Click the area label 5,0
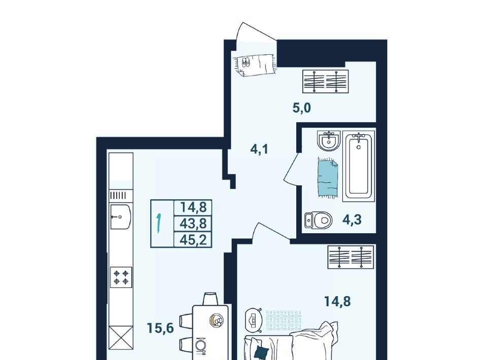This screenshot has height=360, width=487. [x=301, y=108]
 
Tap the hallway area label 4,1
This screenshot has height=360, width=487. [x=259, y=149]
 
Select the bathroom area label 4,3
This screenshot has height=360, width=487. [x=352, y=220]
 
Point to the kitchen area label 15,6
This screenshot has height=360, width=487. [x=160, y=328]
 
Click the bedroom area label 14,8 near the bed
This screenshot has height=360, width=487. [x=337, y=301]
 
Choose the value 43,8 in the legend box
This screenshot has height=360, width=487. [x=193, y=223]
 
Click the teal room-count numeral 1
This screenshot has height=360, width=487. [x=159, y=223]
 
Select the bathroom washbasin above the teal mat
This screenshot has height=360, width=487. [x=329, y=141]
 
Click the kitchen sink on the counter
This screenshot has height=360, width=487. [x=121, y=217]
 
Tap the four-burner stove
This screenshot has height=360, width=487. [x=121, y=277]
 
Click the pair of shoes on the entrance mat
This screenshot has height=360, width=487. [x=246, y=62]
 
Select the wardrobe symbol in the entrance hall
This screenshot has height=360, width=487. [x=326, y=81]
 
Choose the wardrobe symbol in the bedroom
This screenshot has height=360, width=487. [x=351, y=257]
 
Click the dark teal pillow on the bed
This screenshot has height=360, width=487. [x=261, y=352]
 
